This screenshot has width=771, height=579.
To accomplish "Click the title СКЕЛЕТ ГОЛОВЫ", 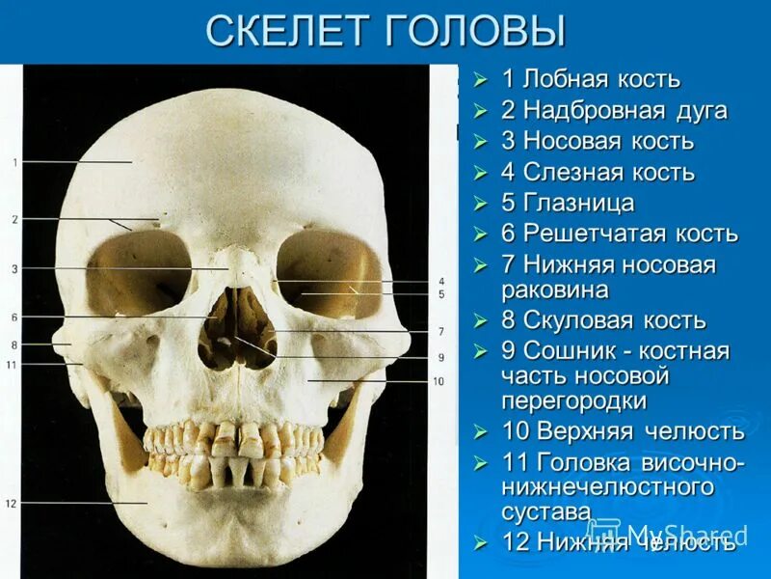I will [x=385, y=31].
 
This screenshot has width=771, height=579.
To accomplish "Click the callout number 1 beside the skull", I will [x=15, y=162].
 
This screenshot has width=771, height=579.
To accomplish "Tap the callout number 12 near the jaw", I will [x=12, y=503].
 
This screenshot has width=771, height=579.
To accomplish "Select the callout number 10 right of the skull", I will [x=439, y=381].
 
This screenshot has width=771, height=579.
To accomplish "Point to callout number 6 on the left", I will [x=14, y=317].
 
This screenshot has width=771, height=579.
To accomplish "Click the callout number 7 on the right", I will [x=440, y=331].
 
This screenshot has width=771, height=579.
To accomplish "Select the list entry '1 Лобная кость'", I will [x=590, y=79].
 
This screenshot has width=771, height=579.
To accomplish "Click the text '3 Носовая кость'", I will [x=597, y=141].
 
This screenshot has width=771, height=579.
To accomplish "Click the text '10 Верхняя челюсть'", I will [x=623, y=430].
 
